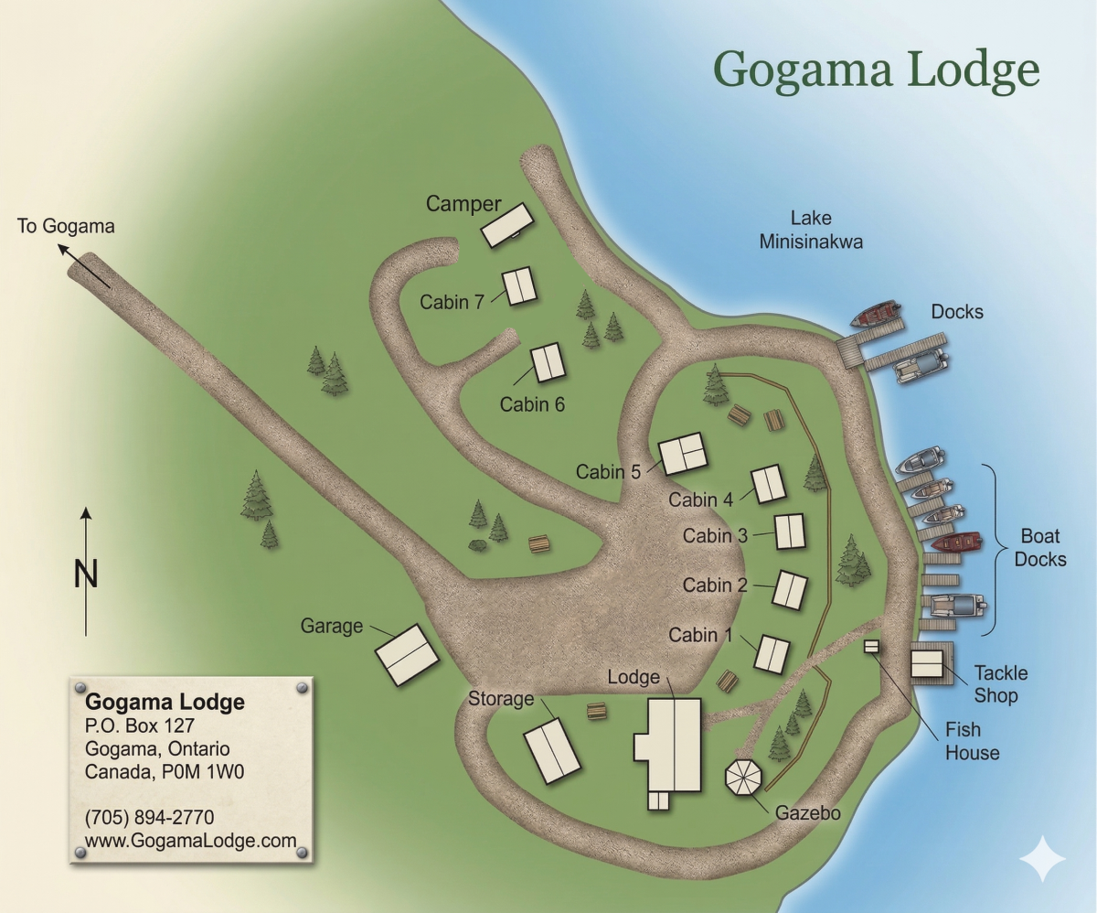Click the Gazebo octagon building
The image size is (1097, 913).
(x=743, y=778)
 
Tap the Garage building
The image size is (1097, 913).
(x=413, y=655)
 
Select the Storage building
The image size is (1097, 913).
(x=552, y=750)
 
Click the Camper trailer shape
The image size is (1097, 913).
(x=507, y=225)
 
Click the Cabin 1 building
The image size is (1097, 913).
(x=772, y=654)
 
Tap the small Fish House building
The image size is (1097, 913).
(x=871, y=647)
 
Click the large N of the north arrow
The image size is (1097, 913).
(x=86, y=575)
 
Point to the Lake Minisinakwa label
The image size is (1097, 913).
(x=811, y=230)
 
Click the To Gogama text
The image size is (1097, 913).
(x=66, y=226)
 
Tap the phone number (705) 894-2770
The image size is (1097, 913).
(x=149, y=817)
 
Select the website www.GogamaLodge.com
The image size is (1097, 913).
(x=191, y=841)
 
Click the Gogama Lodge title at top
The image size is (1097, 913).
(x=876, y=70)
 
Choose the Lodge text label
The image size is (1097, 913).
(x=634, y=677)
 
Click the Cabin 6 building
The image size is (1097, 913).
(x=548, y=363)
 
